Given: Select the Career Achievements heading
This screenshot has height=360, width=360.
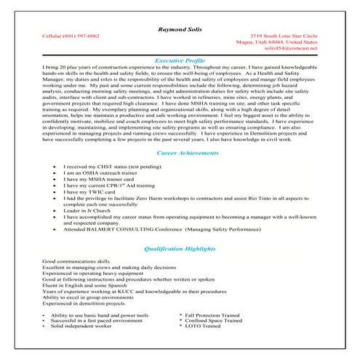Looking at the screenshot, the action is (180, 153).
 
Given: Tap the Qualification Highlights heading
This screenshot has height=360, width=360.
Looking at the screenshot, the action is (180, 248).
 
